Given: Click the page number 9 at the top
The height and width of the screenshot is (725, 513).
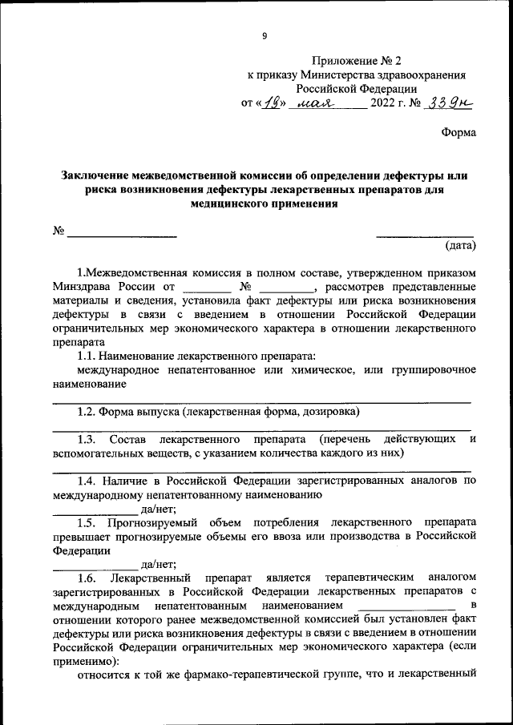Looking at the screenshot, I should pyautogui.click(x=264, y=34).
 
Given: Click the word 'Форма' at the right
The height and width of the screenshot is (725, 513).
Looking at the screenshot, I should pyautogui.click(x=458, y=133).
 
